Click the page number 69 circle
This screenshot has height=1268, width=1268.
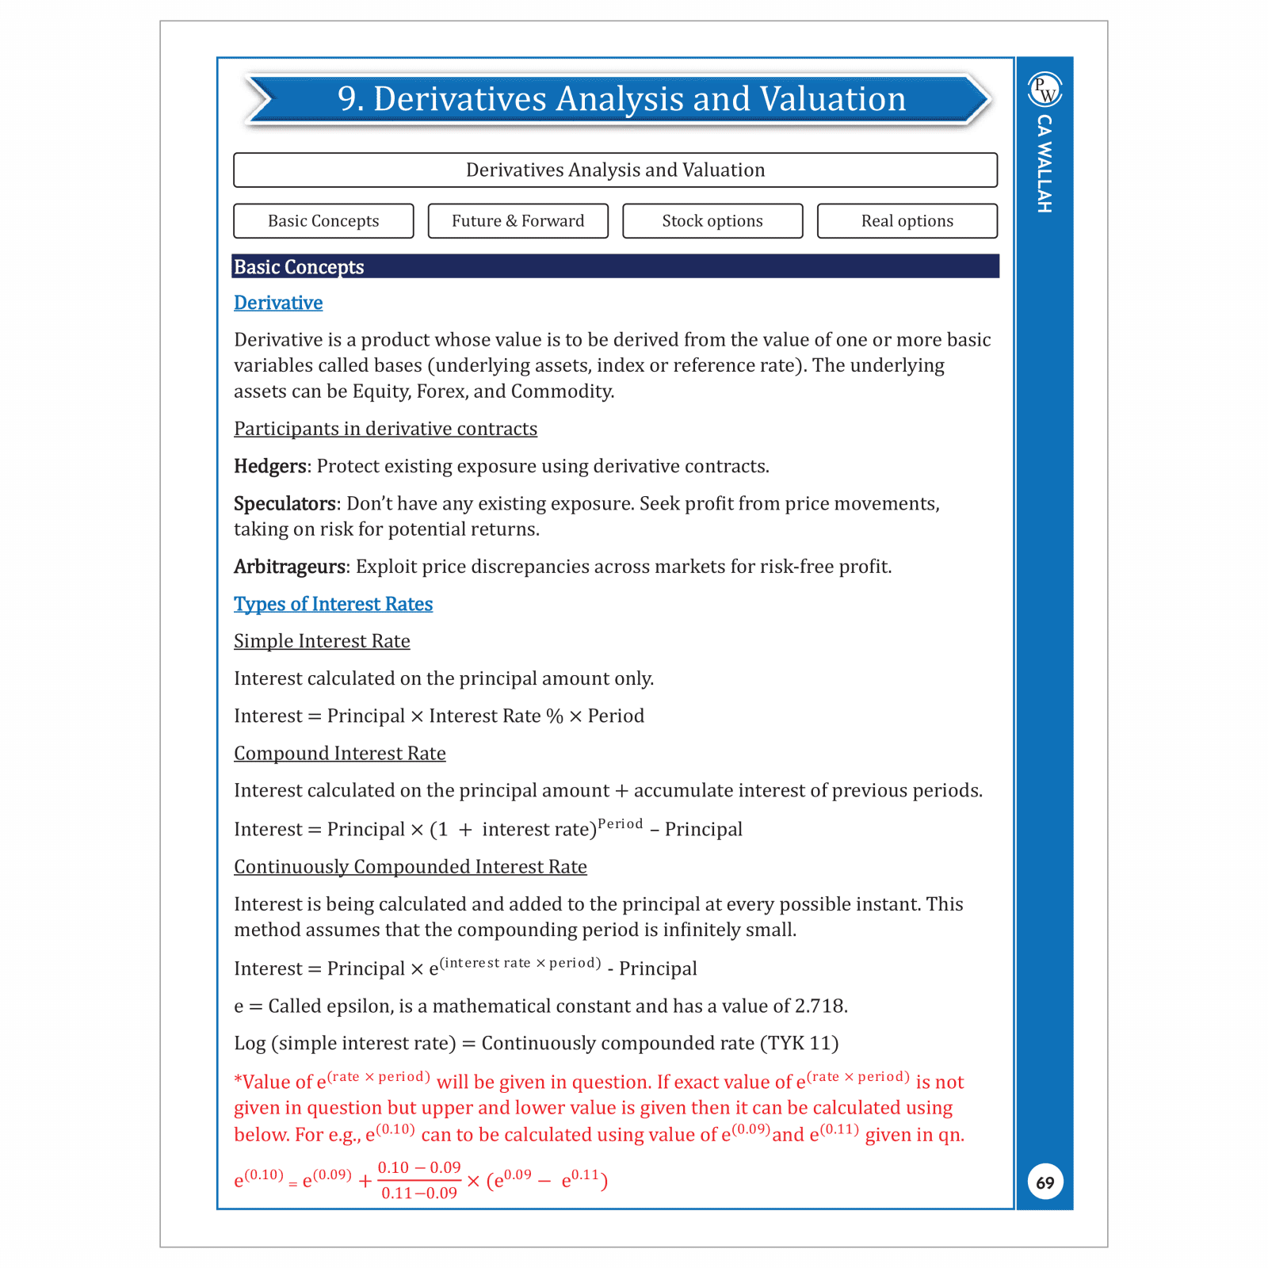(1045, 1182)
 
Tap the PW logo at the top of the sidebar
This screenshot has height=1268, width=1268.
(1045, 90)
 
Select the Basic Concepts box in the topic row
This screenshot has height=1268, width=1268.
(323, 221)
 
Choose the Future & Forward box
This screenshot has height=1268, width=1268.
(518, 221)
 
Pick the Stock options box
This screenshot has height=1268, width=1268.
(712, 221)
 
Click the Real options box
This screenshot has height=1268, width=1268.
(907, 221)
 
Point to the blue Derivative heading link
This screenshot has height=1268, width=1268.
(278, 303)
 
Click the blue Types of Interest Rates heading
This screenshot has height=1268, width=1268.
(333, 604)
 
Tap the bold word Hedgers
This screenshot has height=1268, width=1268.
(269, 466)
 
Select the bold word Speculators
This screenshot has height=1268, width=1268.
(285, 503)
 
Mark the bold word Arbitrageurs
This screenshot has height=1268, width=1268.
(290, 567)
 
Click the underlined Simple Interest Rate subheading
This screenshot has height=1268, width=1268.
(322, 641)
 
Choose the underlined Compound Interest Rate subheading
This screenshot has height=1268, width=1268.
(339, 753)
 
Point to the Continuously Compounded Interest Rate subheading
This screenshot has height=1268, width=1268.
(410, 866)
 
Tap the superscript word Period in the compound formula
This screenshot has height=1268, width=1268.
(620, 823)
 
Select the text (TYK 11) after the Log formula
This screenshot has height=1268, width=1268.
(799, 1043)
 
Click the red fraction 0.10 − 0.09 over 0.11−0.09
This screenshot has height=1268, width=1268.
(418, 1180)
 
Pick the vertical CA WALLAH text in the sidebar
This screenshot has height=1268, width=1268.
(1045, 163)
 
